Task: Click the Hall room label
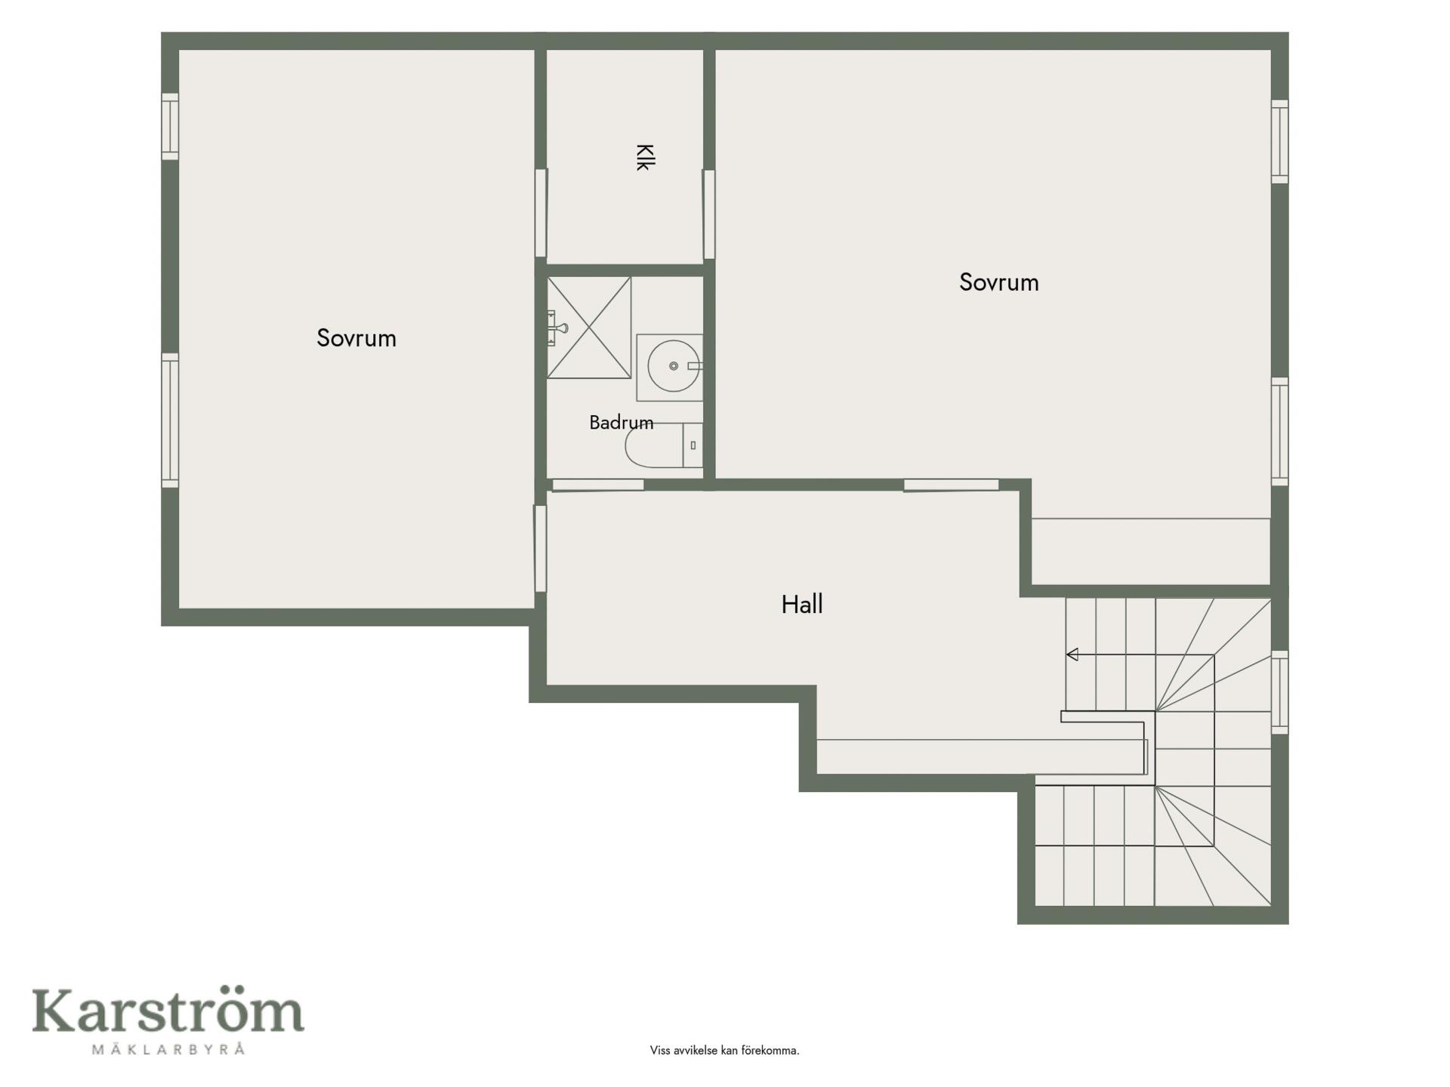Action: click(x=802, y=604)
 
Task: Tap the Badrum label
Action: click(x=622, y=422)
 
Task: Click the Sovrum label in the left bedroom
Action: click(x=356, y=338)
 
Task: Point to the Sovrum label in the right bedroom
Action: click(x=999, y=282)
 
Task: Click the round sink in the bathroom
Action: click(x=673, y=366)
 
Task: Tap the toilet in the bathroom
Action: click(x=664, y=445)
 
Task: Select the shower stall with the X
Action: click(x=589, y=328)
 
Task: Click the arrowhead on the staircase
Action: click(x=1072, y=654)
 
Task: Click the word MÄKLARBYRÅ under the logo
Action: click(x=168, y=1049)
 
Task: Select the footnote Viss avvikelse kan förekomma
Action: click(x=724, y=1050)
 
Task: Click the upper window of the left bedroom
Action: click(x=171, y=127)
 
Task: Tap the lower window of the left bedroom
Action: click(x=171, y=420)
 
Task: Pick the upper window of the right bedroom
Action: click(x=1279, y=141)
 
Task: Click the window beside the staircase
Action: click(x=1279, y=692)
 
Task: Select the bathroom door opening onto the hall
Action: click(x=598, y=485)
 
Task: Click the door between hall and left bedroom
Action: click(x=541, y=549)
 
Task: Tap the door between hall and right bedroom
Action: click(x=952, y=485)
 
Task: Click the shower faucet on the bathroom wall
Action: click(x=558, y=328)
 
